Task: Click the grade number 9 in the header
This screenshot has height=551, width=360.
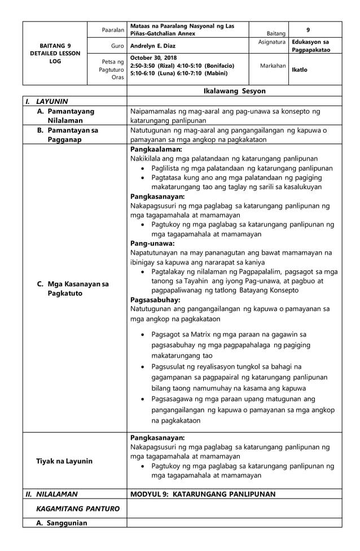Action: coord(308,29)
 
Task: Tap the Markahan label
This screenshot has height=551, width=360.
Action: coord(273,66)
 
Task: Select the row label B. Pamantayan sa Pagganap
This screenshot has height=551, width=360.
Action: coord(67,135)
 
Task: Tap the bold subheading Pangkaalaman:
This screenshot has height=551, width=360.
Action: coord(156,150)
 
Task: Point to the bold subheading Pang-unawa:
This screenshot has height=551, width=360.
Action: coord(152,243)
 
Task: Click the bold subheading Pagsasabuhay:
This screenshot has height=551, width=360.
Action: coord(155,299)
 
